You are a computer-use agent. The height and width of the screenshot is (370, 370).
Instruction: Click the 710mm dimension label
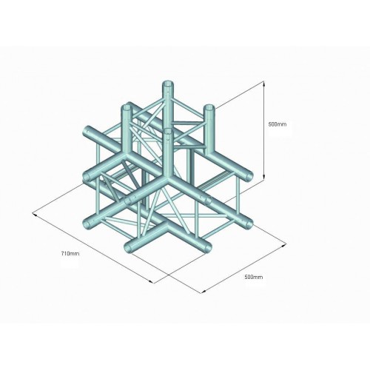(70, 253)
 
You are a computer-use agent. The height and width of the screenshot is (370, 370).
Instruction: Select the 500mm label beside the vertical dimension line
(277, 124)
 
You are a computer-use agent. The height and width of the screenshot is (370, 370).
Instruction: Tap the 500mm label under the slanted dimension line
(254, 277)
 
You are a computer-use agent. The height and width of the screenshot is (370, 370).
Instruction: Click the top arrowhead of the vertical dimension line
(264, 84)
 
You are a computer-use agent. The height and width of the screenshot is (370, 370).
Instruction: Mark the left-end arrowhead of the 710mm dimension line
(35, 215)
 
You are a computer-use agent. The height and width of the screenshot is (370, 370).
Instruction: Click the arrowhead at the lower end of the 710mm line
(152, 282)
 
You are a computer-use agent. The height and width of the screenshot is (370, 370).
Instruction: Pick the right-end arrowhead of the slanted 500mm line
(284, 245)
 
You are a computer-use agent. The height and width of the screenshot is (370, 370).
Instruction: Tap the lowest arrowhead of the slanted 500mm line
(203, 292)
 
